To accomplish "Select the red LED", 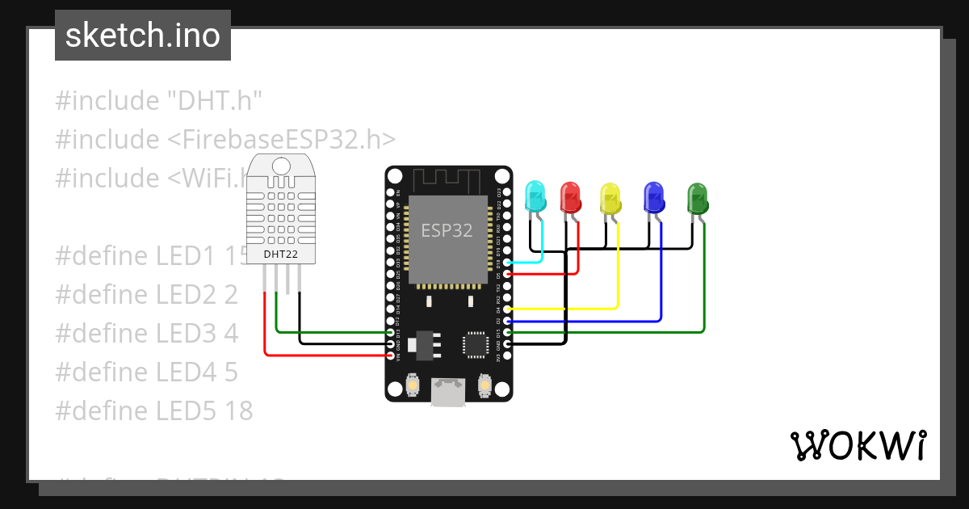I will click(571, 197).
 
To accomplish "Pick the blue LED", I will click(652, 197).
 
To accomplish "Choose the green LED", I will click(696, 197).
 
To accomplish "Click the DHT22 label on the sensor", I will click(280, 254).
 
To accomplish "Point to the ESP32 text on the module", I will click(447, 230).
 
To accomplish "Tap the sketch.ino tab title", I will click(143, 36).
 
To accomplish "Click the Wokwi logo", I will click(857, 445).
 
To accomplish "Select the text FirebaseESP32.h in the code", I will click(282, 139).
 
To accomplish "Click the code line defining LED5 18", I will click(153, 410).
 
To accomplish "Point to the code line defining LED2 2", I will click(146, 294).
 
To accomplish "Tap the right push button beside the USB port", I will click(484, 385).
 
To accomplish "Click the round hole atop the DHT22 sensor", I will click(280, 166).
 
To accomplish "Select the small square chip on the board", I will click(474, 344).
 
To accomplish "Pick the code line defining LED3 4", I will click(146, 333).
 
